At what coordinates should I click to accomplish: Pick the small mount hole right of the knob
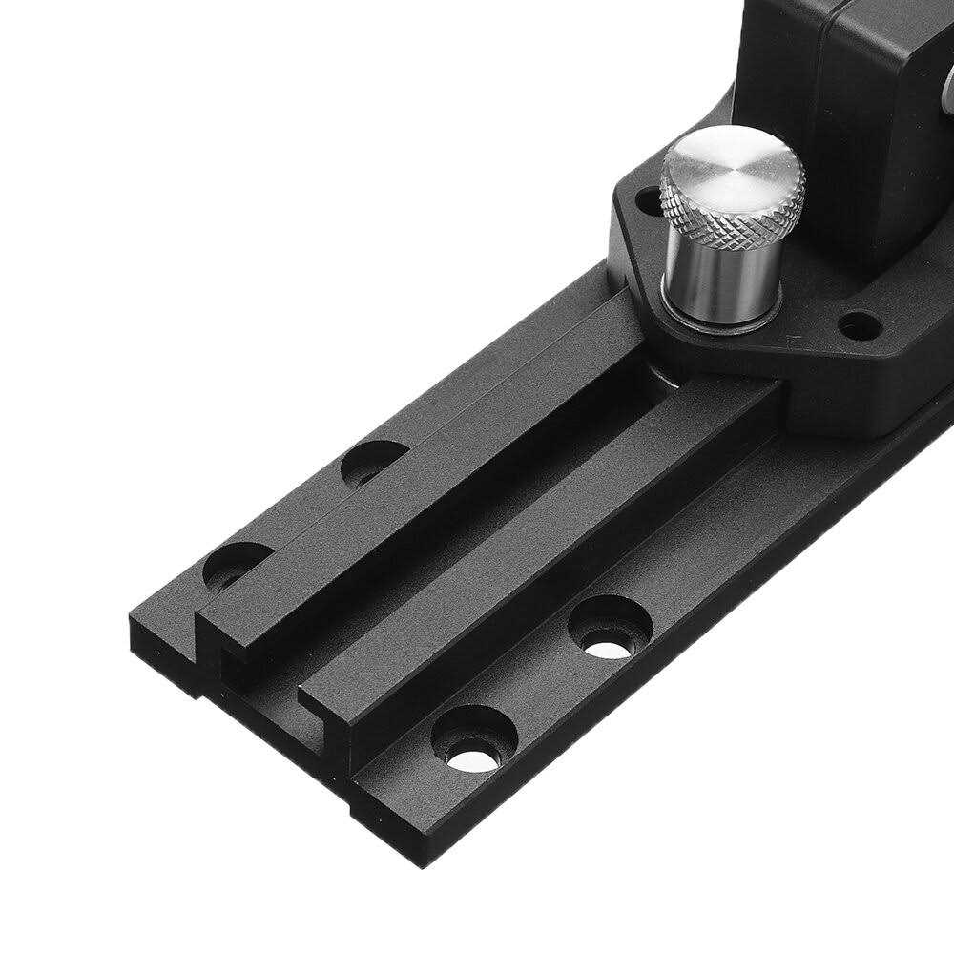click(x=859, y=325)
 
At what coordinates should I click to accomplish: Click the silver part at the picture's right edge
click(x=947, y=95)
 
